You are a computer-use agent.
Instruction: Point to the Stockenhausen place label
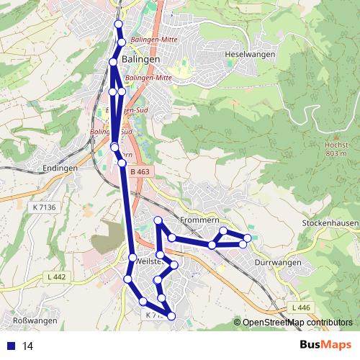[x=330, y=223]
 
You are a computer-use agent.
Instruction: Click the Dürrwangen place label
[x=278, y=263]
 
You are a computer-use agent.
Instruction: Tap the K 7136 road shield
[x=44, y=207]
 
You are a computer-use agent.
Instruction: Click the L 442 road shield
[x=55, y=276]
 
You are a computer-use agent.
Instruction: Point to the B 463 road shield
[x=140, y=171]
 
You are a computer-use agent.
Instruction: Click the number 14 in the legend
[x=28, y=346]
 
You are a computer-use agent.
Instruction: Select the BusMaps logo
[x=325, y=346]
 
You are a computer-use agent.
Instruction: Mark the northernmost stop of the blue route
[x=119, y=24]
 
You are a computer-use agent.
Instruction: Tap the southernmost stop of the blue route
[x=171, y=316]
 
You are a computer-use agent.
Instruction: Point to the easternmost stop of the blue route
[x=247, y=238]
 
